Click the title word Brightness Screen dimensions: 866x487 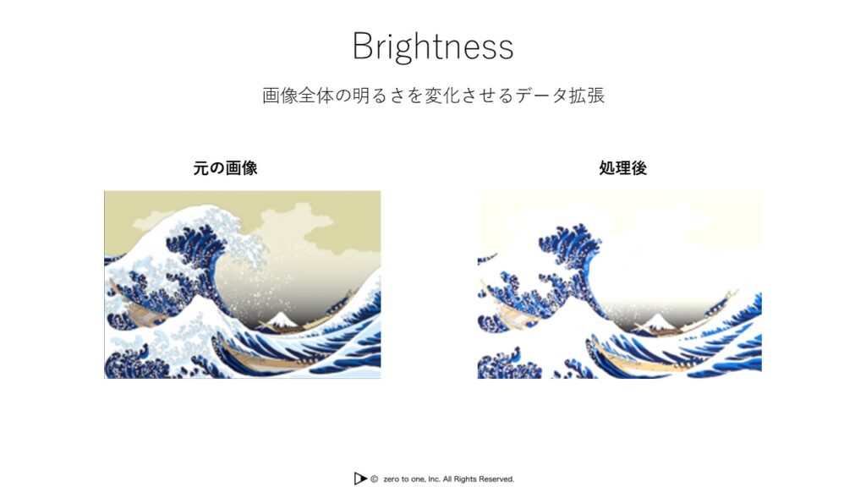[x=433, y=47]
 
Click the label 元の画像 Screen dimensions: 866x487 [x=225, y=168]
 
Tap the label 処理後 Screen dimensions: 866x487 [x=623, y=168]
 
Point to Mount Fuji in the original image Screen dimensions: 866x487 [x=281, y=320]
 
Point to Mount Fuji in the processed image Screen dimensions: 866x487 [x=657, y=321]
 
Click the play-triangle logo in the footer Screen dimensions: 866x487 [x=360, y=479]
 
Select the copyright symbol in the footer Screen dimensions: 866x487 [x=374, y=479]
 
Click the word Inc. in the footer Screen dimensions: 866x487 [x=434, y=479]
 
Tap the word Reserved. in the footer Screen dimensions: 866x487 [x=495, y=479]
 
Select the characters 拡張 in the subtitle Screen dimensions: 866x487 [x=587, y=95]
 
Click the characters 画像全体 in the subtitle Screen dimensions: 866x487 [x=298, y=95]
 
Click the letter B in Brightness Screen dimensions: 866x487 [x=364, y=46]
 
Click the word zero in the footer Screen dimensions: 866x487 [x=392, y=479]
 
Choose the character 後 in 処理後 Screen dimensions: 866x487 [x=639, y=168]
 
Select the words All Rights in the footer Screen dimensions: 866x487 [x=458, y=479]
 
